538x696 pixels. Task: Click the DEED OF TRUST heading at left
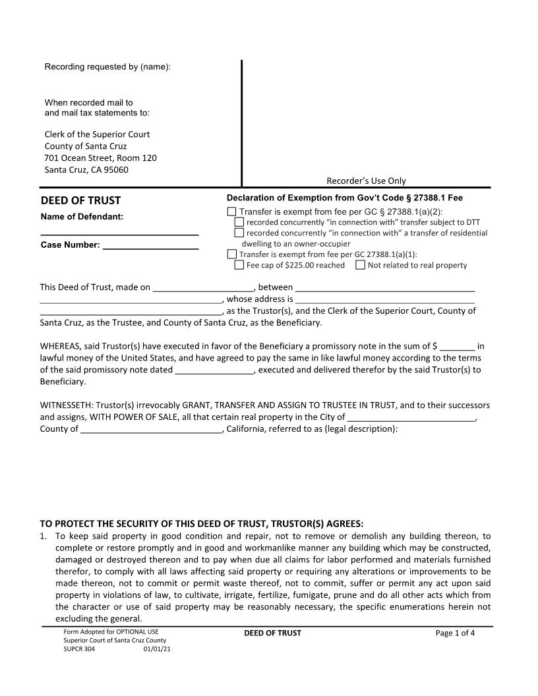[80, 200]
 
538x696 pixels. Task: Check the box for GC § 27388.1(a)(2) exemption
[231, 212]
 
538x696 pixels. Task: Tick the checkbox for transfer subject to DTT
[239, 222]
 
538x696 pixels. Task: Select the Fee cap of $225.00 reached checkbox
[239, 265]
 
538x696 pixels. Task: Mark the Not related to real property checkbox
[361, 265]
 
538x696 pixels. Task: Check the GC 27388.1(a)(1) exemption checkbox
[231, 254]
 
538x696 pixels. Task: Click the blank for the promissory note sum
[457, 347]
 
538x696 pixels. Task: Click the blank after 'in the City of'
[411, 418]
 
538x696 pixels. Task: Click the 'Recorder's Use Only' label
[367, 181]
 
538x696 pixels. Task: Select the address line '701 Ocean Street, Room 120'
[100, 158]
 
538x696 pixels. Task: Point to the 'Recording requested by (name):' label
[107, 67]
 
